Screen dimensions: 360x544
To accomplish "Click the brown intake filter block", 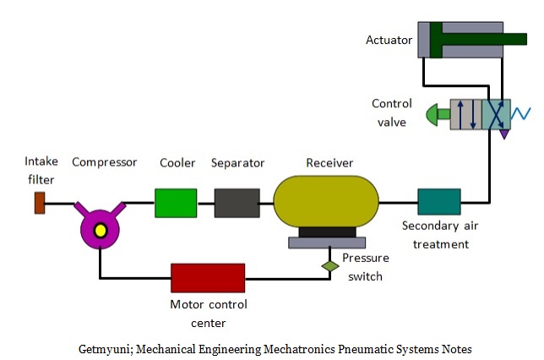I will [39, 203].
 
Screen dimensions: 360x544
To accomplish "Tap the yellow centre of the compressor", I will [101, 230].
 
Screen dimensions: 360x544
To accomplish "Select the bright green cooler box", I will [175, 204].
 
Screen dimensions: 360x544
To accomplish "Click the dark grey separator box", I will [237, 204].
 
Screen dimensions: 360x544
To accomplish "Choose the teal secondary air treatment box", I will [438, 202].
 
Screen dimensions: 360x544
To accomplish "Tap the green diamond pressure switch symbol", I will [329, 266].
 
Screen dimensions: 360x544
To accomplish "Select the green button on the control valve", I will [438, 113].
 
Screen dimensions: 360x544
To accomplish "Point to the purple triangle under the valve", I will [505, 133].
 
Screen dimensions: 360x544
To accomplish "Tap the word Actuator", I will [389, 40].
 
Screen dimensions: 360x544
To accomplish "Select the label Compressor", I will [104, 162].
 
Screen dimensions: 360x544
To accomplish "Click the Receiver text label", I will [329, 162].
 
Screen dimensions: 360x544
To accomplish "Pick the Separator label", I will [237, 162].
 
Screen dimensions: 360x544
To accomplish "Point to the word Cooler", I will [177, 162].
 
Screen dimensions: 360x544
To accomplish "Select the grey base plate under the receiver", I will [327, 243].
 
